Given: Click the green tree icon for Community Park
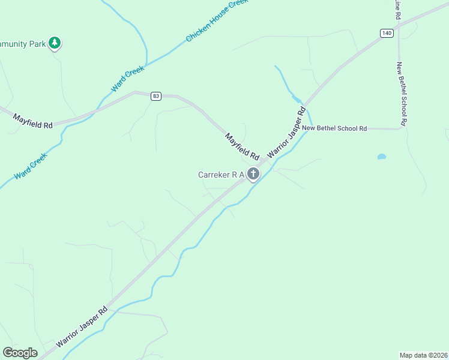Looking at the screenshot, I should pyautogui.click(x=55, y=43).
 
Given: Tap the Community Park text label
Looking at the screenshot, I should pyautogui.click(x=23, y=43).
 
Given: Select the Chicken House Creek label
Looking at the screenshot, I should pyautogui.click(x=217, y=20).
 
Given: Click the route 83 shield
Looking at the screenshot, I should pyautogui.click(x=156, y=96).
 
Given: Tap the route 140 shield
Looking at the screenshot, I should pyautogui.click(x=386, y=34).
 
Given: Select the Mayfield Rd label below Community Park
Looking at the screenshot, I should pyautogui.click(x=33, y=120).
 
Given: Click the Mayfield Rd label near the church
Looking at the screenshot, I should pyautogui.click(x=242, y=146).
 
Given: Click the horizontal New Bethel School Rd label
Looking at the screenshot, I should pyautogui.click(x=334, y=128).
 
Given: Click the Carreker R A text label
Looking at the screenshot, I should pyautogui.click(x=221, y=175).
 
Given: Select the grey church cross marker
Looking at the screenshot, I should pyautogui.click(x=253, y=175).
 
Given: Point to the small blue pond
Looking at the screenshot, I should pyautogui.click(x=381, y=157).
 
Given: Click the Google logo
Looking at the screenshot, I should pyautogui.click(x=20, y=353).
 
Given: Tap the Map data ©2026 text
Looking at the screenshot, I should pyautogui.click(x=423, y=354).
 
